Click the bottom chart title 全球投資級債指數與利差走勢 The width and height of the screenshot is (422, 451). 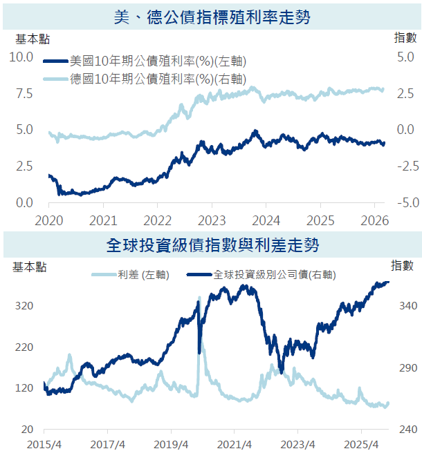coord(211,244)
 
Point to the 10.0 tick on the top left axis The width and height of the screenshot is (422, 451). coord(20,57)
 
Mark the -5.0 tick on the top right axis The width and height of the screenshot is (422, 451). coord(405,203)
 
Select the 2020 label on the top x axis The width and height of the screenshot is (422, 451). coord(49,220)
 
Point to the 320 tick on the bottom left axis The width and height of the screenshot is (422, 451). coord(24,307)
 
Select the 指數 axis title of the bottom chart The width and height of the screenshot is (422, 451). coord(402,265)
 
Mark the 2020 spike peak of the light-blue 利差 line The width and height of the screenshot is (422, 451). coord(199,298)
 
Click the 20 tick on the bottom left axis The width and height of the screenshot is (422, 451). coord(28,430)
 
